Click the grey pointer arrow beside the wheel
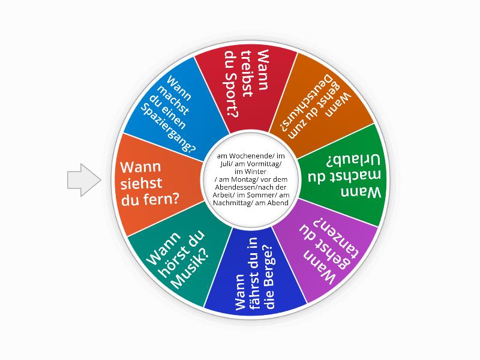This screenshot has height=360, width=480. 84,180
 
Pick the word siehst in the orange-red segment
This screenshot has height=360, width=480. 141,184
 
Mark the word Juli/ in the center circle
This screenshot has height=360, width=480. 227,164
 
